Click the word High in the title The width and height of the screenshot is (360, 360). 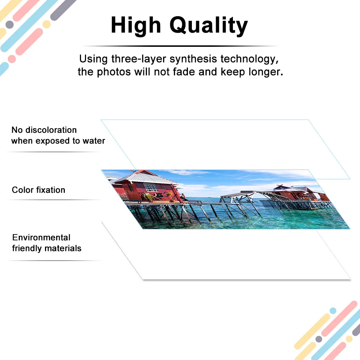(136, 26)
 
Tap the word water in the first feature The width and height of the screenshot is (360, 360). (94, 141)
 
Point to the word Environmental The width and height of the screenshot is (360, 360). (41, 238)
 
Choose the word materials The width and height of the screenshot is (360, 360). (65, 248)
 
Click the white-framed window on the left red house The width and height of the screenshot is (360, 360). (150, 187)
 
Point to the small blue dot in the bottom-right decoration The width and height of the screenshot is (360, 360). (333, 311)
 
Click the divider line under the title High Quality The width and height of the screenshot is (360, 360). (180, 46)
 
